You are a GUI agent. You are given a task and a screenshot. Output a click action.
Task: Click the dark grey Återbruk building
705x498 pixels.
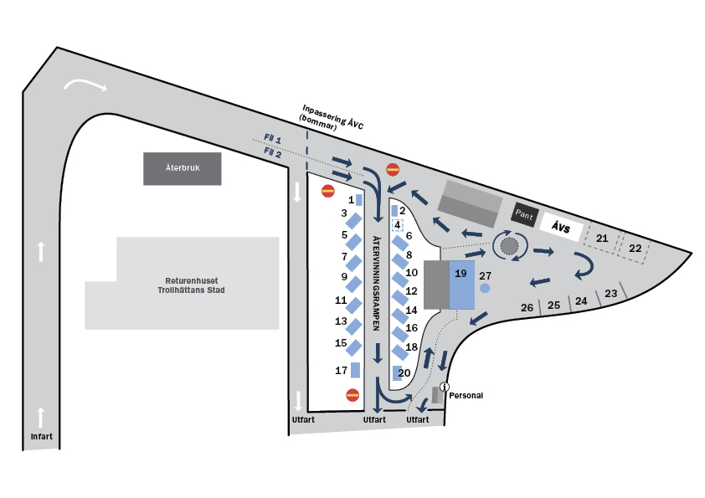pos(182,168)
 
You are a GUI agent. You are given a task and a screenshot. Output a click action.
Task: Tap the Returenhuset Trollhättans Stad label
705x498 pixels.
pos(191,285)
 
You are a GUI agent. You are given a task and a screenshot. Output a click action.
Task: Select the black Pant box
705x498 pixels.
pos(524,215)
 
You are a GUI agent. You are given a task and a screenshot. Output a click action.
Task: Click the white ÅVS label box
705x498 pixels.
pos(561,227)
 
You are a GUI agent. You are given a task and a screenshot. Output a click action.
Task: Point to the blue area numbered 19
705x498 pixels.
pos(461,285)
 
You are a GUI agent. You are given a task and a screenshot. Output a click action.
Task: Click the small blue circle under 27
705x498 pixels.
pos(485,288)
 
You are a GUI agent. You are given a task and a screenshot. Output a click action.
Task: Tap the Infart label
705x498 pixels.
pos(41,436)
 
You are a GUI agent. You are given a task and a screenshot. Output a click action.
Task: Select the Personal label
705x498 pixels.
pos(466,396)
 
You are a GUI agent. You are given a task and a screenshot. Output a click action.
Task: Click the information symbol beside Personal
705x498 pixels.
pos(444,387)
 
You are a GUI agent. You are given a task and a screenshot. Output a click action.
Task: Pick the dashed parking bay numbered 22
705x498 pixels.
pos(634,247)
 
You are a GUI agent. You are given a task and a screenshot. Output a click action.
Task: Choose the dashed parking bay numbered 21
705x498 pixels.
pos(601,239)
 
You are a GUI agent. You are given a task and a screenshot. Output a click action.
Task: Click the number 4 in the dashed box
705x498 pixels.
pos(398,225)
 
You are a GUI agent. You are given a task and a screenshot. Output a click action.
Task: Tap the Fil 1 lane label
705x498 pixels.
pos(272,139)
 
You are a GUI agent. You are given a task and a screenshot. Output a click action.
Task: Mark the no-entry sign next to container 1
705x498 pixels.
pos(328,191)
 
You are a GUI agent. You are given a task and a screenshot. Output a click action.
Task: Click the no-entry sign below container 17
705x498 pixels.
pos(352,395)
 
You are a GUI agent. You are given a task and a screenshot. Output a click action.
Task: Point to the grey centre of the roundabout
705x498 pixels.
pos(509,245)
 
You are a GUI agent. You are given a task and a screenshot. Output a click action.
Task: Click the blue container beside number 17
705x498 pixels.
pos(355,370)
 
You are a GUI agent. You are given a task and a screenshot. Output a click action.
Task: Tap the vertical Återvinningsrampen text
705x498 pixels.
pos(377,283)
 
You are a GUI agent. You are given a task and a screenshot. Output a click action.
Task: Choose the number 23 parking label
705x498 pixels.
pos(610,294)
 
